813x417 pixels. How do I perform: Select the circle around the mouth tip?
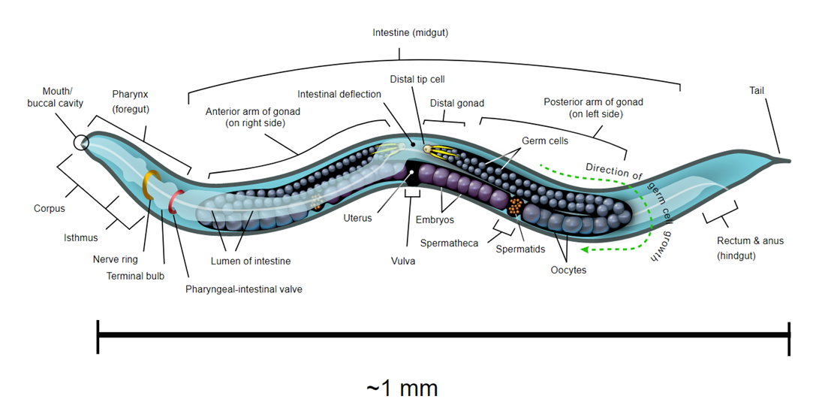(x=80, y=142)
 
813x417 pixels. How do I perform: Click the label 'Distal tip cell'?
(x=418, y=79)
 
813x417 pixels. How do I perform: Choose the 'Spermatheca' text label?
(x=450, y=243)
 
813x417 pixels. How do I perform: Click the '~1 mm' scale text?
(x=402, y=388)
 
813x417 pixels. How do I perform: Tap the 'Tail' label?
(x=757, y=91)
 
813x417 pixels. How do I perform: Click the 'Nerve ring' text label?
(x=116, y=259)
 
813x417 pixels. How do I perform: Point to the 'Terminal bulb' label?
(x=135, y=276)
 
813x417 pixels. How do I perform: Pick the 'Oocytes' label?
(x=568, y=270)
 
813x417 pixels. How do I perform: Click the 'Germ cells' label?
(x=545, y=141)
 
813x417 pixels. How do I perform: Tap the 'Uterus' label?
(x=357, y=219)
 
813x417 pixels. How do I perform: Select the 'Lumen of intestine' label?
(x=251, y=261)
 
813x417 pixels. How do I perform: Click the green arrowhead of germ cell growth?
(x=589, y=250)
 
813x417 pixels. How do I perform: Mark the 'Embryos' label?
(x=435, y=220)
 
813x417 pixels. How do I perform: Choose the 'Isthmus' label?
(x=80, y=238)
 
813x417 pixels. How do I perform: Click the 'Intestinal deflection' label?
(x=339, y=95)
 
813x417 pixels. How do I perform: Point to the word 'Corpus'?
(x=50, y=209)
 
